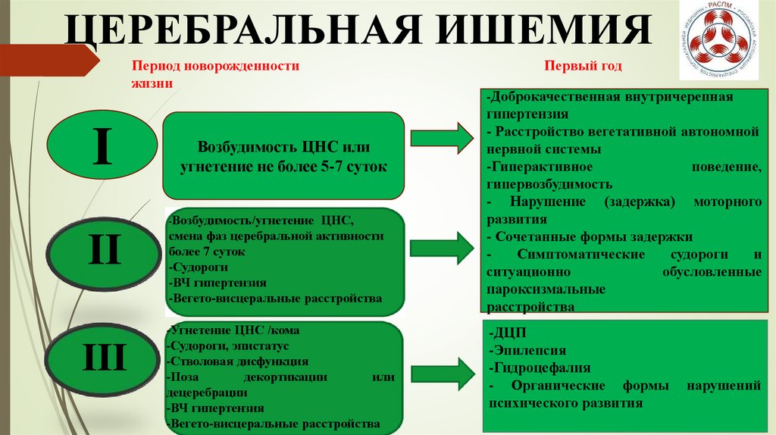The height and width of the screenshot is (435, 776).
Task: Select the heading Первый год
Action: (x=583, y=67)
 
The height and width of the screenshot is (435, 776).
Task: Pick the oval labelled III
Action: (x=103, y=356)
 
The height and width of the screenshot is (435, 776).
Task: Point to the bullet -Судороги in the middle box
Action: (x=199, y=268)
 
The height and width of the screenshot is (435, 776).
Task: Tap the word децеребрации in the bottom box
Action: (x=207, y=392)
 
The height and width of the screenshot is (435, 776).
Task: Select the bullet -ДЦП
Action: (x=504, y=334)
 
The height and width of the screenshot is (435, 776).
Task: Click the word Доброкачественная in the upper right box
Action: (x=546, y=98)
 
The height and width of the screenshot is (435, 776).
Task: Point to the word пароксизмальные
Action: (x=546, y=289)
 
